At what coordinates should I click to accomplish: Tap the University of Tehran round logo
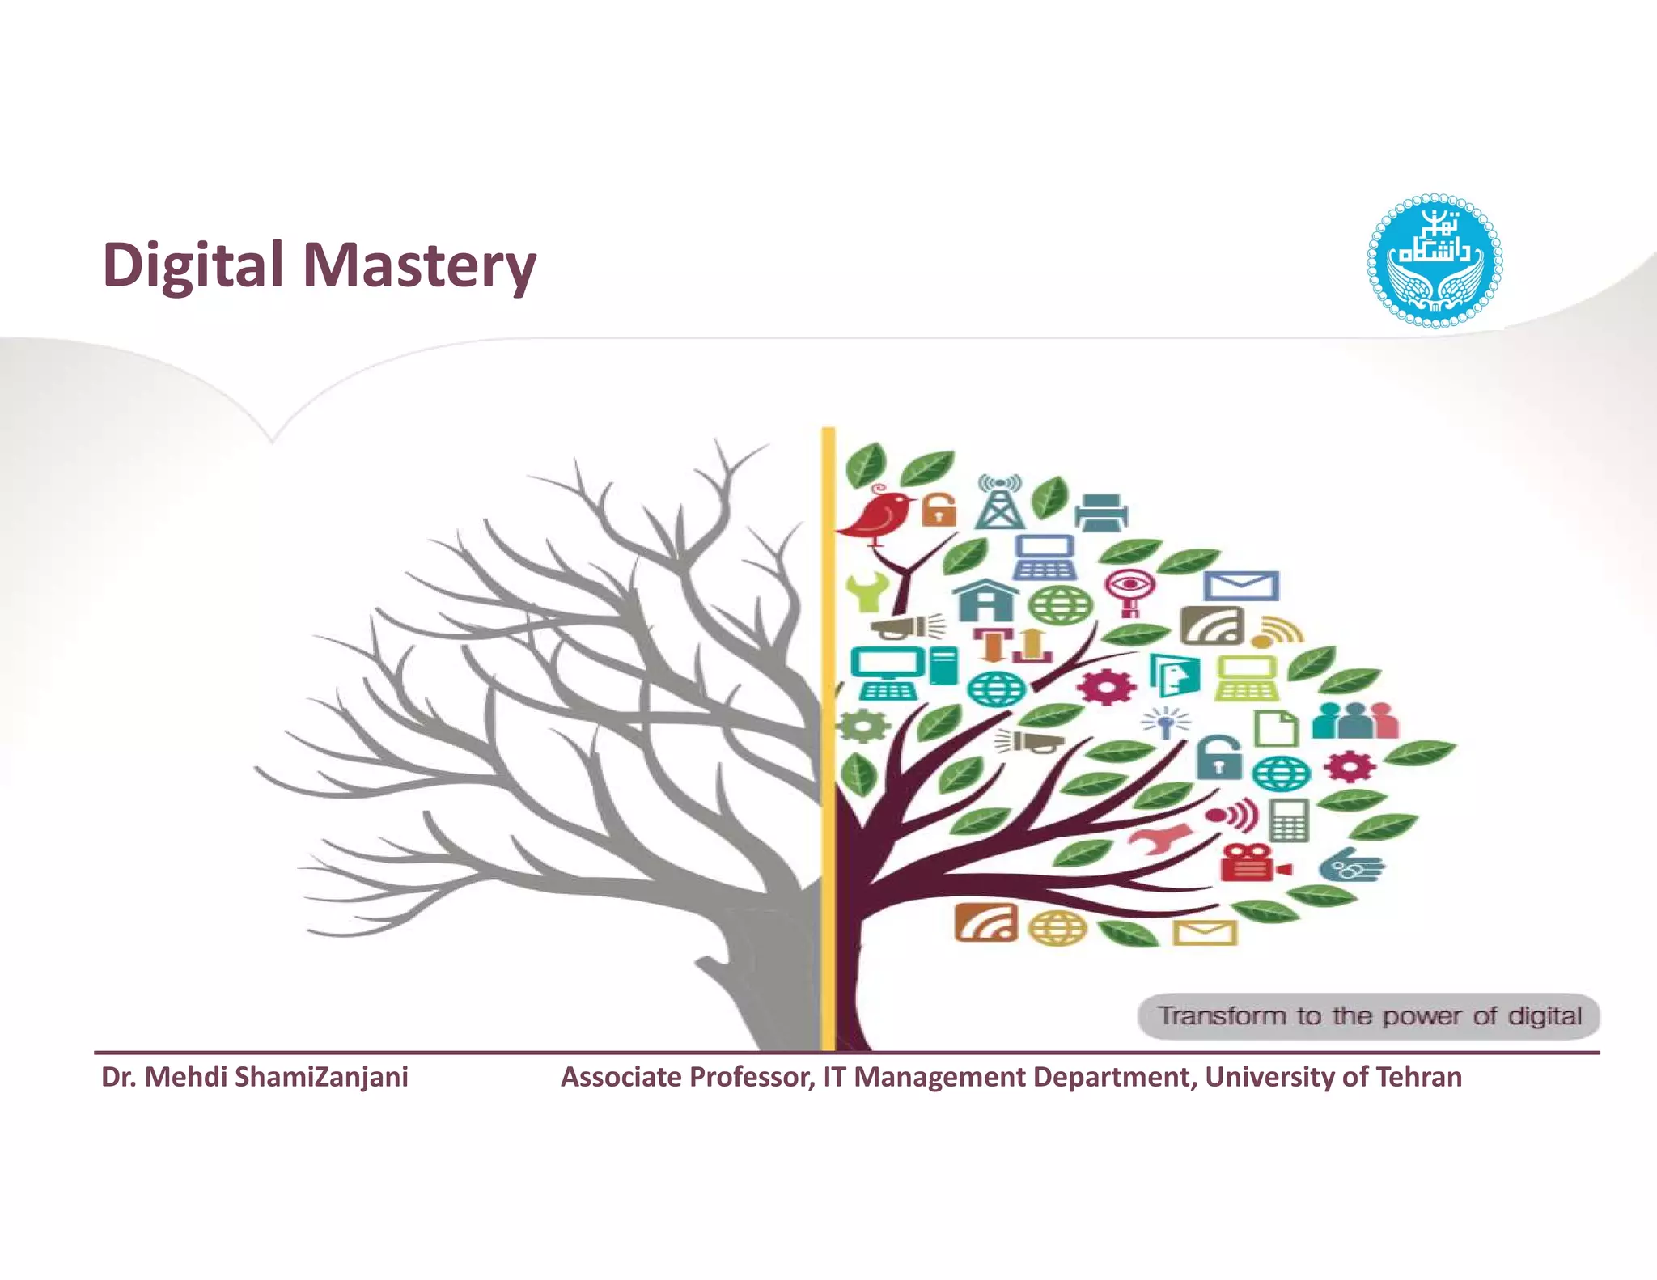1434,261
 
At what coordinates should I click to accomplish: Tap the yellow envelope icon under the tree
1205,932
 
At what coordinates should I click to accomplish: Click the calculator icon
1289,820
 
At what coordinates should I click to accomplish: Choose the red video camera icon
1252,863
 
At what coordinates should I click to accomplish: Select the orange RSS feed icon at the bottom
985,922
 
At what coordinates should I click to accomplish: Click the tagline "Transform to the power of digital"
1369,1015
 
